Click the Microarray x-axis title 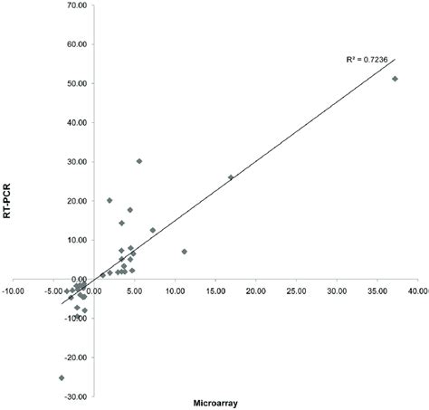tap(221, 404)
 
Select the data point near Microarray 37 tap(395, 79)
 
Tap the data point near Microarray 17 tap(231, 177)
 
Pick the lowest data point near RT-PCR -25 tap(62, 377)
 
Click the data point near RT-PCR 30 tap(139, 161)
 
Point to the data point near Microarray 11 tap(184, 252)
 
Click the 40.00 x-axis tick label tap(417, 291)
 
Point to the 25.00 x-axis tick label tap(295, 291)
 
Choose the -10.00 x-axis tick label tap(14, 291)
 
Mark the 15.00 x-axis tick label tap(214, 291)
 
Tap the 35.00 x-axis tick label tap(377, 291)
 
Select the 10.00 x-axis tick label tap(174, 291)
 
